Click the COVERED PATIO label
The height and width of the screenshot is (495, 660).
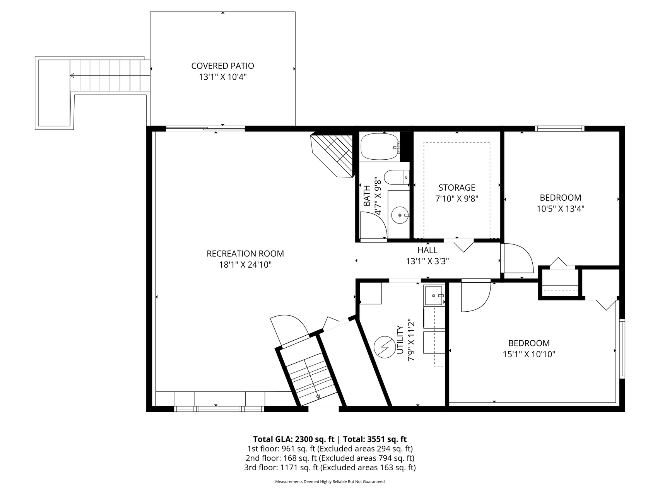click(x=222, y=66)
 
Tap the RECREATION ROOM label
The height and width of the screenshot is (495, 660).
click(x=245, y=254)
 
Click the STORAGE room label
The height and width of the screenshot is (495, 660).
click(x=457, y=188)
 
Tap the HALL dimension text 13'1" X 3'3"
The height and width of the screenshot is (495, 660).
click(x=427, y=261)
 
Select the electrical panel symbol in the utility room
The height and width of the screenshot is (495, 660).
click(x=385, y=347)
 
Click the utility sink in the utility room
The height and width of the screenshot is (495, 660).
click(x=434, y=296)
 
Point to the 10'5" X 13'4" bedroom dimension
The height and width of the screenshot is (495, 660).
click(x=560, y=209)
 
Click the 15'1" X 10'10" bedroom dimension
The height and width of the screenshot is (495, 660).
click(x=529, y=354)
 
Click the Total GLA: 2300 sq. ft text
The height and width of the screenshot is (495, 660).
click(x=294, y=439)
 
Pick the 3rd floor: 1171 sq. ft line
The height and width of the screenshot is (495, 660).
click(x=330, y=468)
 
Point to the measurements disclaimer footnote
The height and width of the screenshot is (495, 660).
click(x=330, y=482)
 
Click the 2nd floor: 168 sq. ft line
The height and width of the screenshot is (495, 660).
click(x=330, y=458)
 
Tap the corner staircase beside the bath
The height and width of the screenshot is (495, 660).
click(x=333, y=155)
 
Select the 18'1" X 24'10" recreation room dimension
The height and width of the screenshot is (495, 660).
click(x=245, y=265)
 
